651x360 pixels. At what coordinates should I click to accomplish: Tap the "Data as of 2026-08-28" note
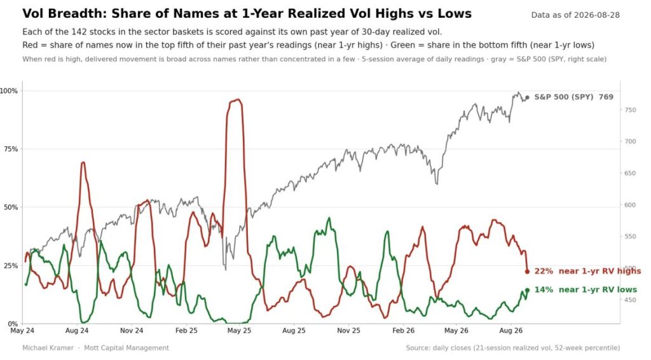click(x=575, y=15)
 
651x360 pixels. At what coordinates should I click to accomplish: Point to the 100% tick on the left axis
click(x=9, y=91)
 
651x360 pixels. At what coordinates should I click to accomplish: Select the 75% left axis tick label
click(x=11, y=149)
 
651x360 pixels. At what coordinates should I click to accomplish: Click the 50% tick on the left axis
click(x=11, y=207)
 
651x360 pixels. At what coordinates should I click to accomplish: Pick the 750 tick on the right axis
click(x=630, y=110)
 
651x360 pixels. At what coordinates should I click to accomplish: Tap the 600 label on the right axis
click(x=630, y=205)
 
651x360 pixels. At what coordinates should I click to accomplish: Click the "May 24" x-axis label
click(x=22, y=331)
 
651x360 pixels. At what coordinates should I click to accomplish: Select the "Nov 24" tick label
click(x=132, y=331)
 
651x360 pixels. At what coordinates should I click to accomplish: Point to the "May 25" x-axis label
click(x=240, y=331)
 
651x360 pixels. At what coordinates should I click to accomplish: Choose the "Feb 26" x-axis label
click(x=403, y=331)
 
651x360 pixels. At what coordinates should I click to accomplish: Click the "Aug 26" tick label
click(x=511, y=331)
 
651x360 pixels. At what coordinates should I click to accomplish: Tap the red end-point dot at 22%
click(x=527, y=272)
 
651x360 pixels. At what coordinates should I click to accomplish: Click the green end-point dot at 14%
click(x=527, y=290)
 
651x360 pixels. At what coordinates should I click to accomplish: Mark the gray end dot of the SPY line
click(x=527, y=97)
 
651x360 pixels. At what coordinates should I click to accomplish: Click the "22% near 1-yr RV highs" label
click(x=587, y=271)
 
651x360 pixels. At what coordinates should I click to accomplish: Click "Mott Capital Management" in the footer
click(x=127, y=348)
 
